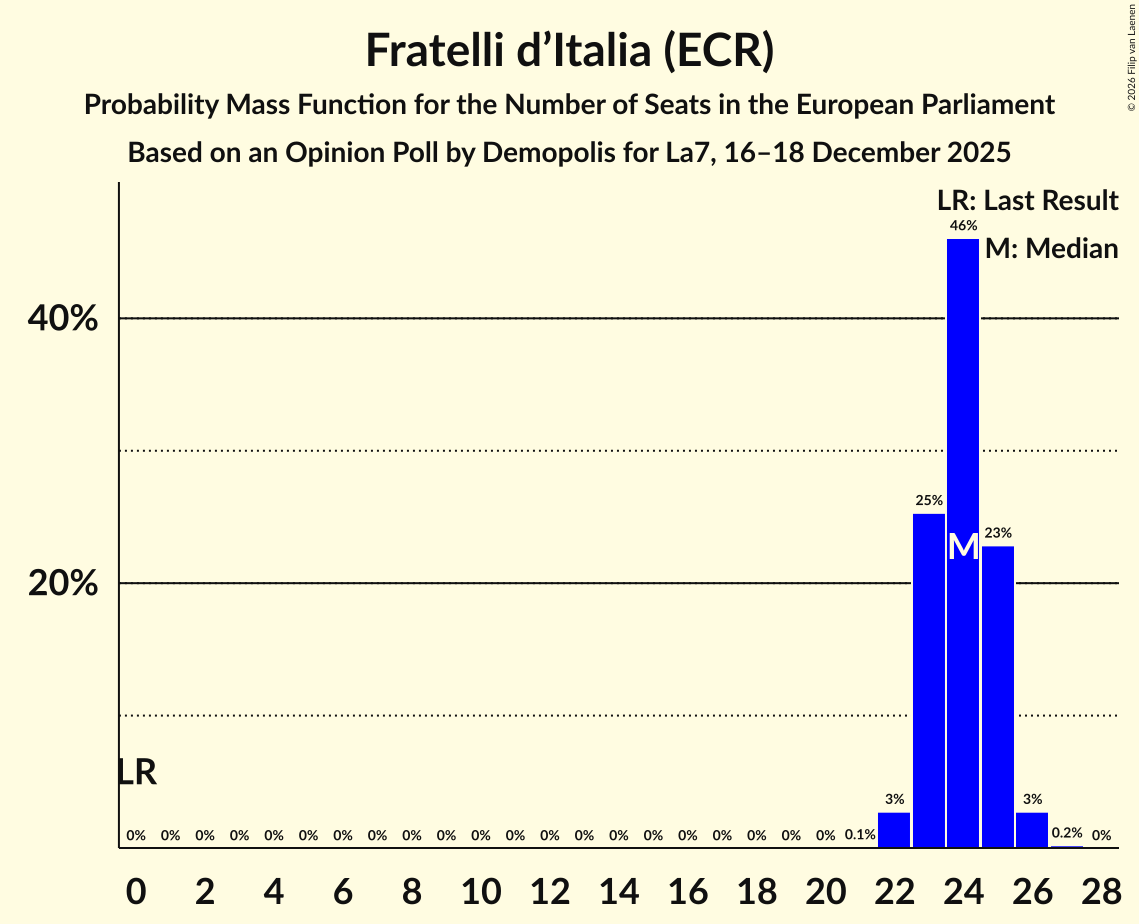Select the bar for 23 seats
(929, 680)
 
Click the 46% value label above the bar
(963, 226)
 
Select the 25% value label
(929, 500)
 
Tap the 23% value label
(998, 533)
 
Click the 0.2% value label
(1067, 833)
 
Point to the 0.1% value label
(860, 835)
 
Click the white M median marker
(963, 547)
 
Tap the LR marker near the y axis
(137, 772)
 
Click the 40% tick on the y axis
(63, 319)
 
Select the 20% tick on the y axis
(63, 584)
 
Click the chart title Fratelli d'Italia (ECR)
(569, 51)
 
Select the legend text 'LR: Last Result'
(1028, 201)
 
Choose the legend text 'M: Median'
(1051, 249)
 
